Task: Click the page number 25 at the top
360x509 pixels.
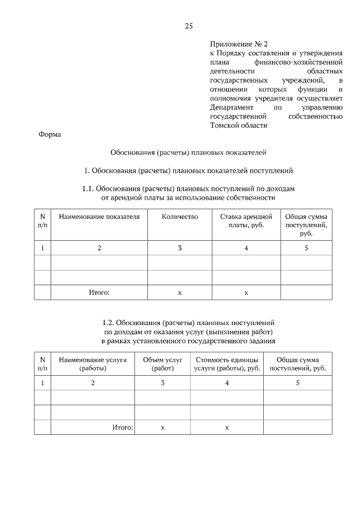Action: (x=188, y=26)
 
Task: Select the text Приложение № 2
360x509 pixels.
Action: (x=232, y=43)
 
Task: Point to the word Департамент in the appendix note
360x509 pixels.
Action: (x=230, y=107)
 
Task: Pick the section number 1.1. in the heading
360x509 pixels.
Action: (x=89, y=189)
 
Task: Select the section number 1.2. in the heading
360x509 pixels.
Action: (x=110, y=324)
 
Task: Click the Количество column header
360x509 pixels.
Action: (x=180, y=217)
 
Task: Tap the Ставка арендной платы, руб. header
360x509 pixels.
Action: (x=246, y=221)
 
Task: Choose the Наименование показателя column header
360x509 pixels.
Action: (x=99, y=217)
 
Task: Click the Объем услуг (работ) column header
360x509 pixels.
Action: (x=163, y=364)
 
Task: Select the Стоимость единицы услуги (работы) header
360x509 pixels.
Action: (x=227, y=364)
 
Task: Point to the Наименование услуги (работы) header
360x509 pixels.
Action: (x=93, y=364)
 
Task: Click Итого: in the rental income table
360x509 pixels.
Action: (x=99, y=292)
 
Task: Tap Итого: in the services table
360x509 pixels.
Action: (x=122, y=427)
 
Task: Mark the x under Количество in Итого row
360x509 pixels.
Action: (x=180, y=293)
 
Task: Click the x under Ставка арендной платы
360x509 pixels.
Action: (x=246, y=293)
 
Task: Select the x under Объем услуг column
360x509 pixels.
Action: (x=163, y=428)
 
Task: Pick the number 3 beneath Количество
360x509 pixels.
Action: (x=180, y=248)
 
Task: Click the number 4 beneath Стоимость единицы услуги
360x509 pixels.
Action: (x=227, y=383)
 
